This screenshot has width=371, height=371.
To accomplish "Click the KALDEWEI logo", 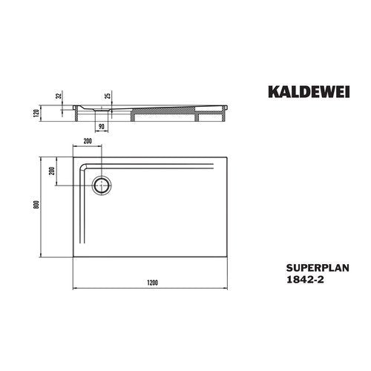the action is pyautogui.click(x=309, y=92).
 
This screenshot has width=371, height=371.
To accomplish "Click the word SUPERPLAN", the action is pyautogui.click(x=318, y=268).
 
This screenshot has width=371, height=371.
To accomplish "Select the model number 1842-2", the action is pyautogui.click(x=305, y=280).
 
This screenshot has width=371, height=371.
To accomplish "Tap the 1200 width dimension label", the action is pyautogui.click(x=152, y=283).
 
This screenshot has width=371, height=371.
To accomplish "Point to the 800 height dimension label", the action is pyautogui.click(x=36, y=204).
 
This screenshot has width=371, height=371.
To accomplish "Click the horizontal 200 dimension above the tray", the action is pyautogui.click(x=88, y=141).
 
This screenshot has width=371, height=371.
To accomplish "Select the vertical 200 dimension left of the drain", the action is pyautogui.click(x=52, y=171).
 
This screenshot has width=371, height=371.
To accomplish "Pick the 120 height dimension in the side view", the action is pyautogui.click(x=36, y=113).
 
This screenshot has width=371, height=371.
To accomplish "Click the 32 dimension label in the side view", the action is pyautogui.click(x=59, y=96).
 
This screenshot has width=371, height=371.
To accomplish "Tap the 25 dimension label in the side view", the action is pyautogui.click(x=108, y=95).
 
